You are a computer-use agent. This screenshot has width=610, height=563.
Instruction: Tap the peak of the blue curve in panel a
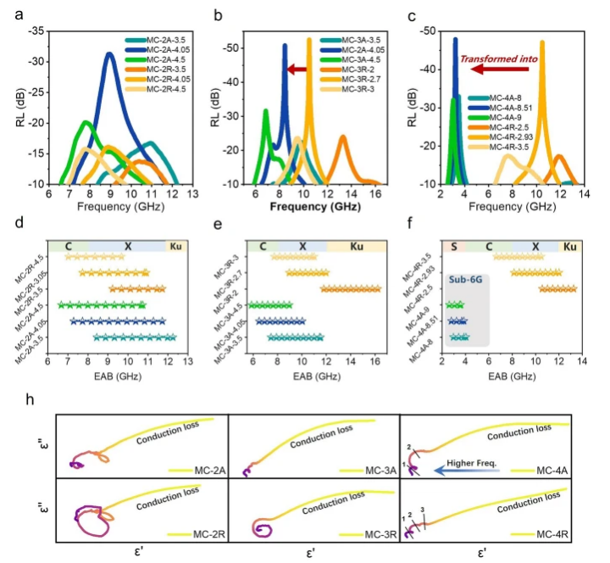point(109,53)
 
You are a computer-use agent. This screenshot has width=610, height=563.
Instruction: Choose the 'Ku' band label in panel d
point(176,246)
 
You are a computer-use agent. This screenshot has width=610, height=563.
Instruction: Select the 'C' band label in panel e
point(263,246)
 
